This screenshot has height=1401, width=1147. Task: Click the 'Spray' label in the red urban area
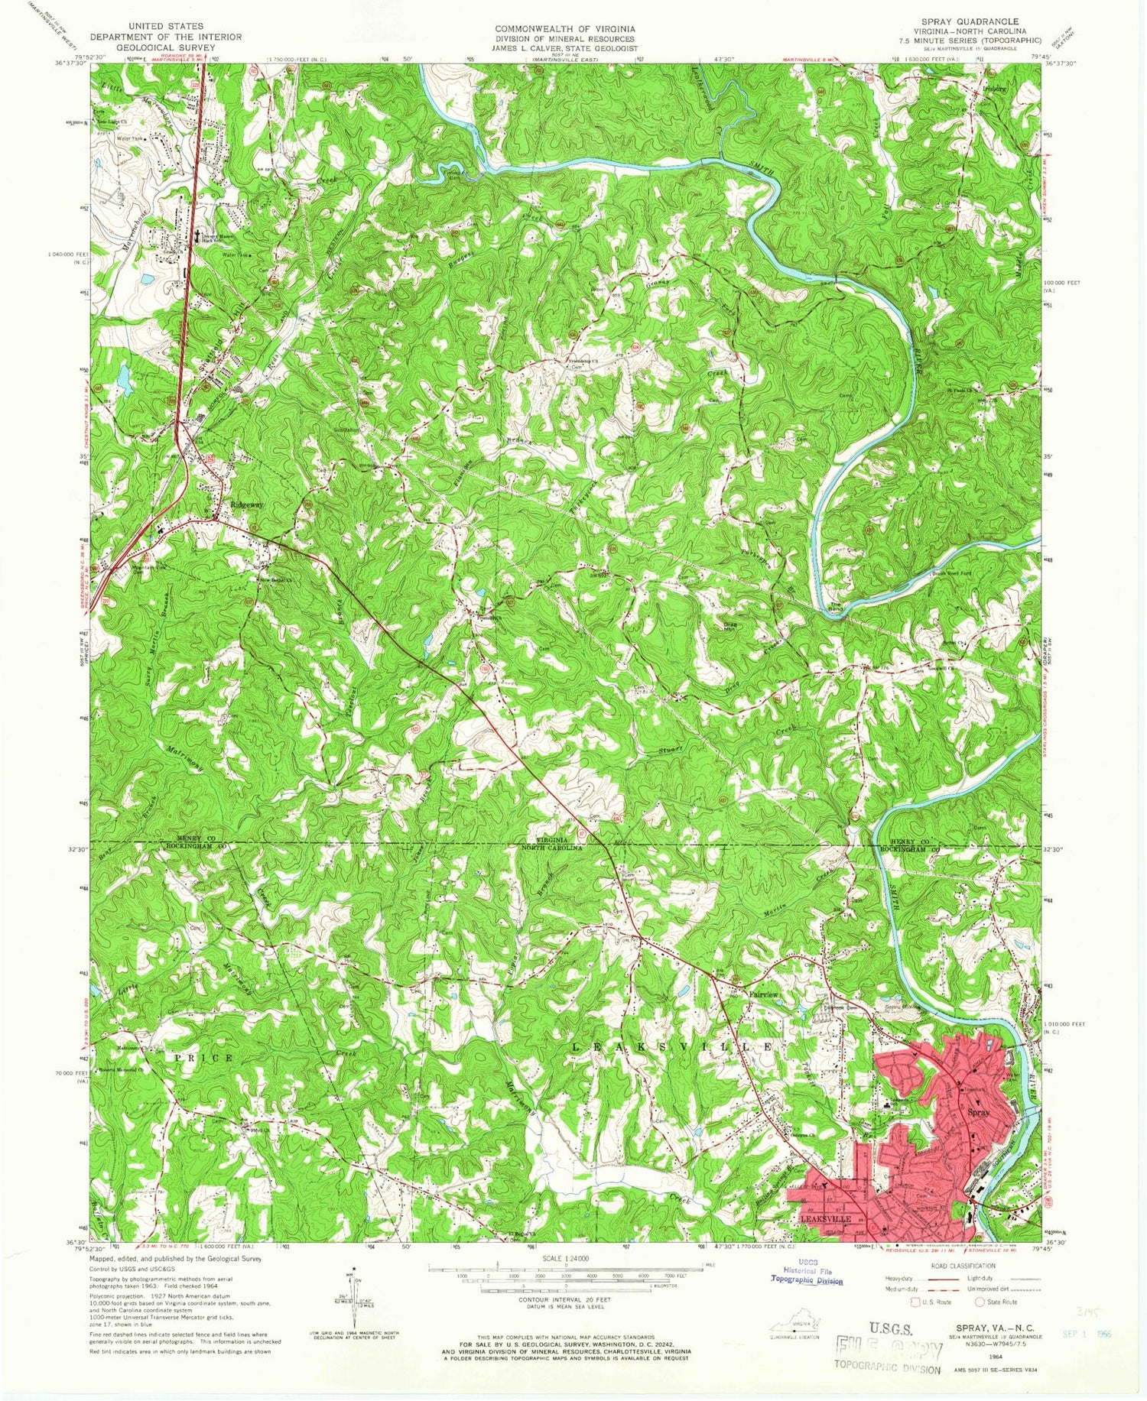[980, 1113]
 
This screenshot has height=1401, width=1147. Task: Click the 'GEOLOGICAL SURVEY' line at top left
[165, 47]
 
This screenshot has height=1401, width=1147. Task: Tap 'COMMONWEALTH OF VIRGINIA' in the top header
[564, 28]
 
